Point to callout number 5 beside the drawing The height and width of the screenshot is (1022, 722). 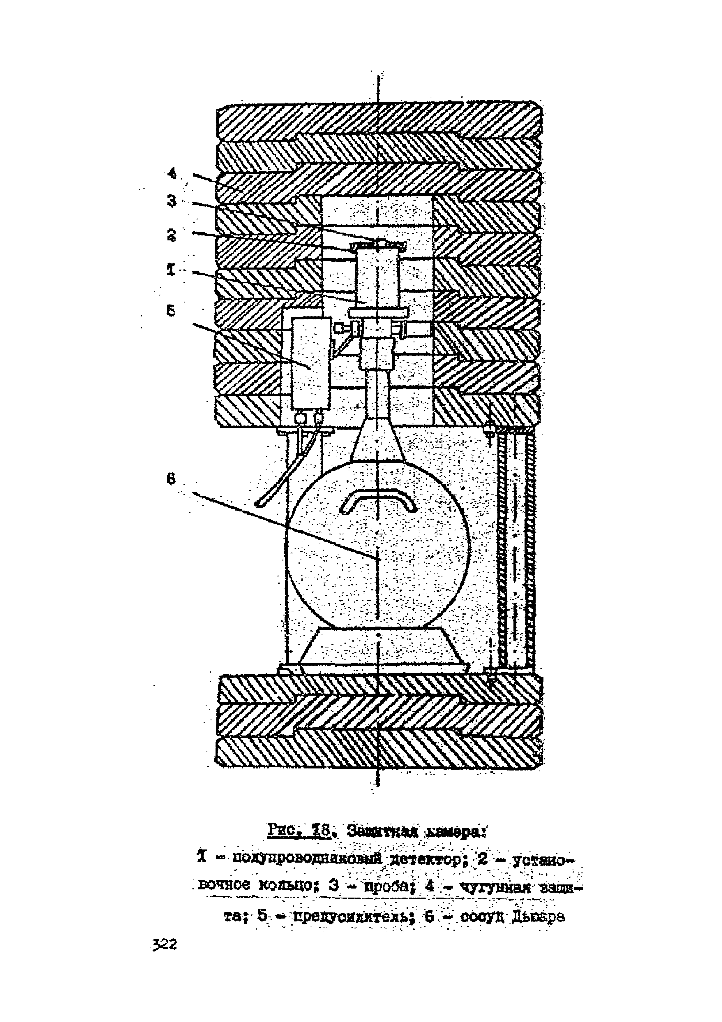pos(171,310)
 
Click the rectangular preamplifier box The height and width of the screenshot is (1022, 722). pos(310,363)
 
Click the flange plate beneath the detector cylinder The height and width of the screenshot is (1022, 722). pos(378,313)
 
